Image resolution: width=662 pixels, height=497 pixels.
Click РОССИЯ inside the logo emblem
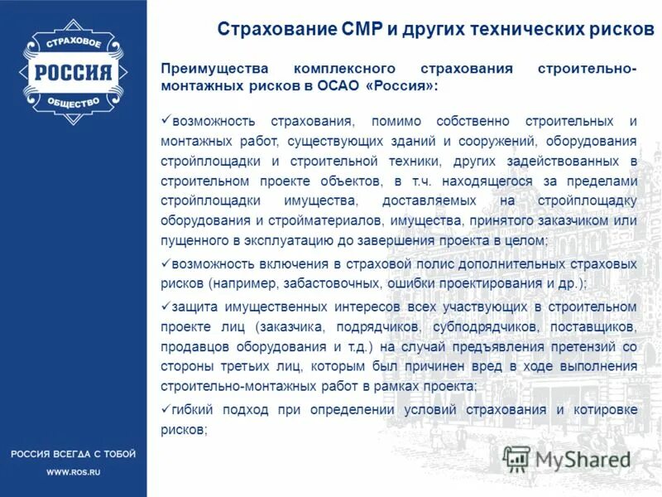(x=73, y=72)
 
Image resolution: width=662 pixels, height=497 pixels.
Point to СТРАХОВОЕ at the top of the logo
(x=73, y=42)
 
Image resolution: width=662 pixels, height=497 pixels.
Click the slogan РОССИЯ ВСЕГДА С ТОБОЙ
(x=73, y=454)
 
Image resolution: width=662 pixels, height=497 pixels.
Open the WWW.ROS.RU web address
(x=73, y=472)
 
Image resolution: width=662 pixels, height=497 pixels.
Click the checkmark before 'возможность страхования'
(x=165, y=122)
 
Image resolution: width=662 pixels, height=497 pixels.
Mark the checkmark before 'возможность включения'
(x=165, y=263)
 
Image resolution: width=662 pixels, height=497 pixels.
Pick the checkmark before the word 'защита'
(x=165, y=306)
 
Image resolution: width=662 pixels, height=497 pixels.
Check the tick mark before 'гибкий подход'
(x=165, y=408)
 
